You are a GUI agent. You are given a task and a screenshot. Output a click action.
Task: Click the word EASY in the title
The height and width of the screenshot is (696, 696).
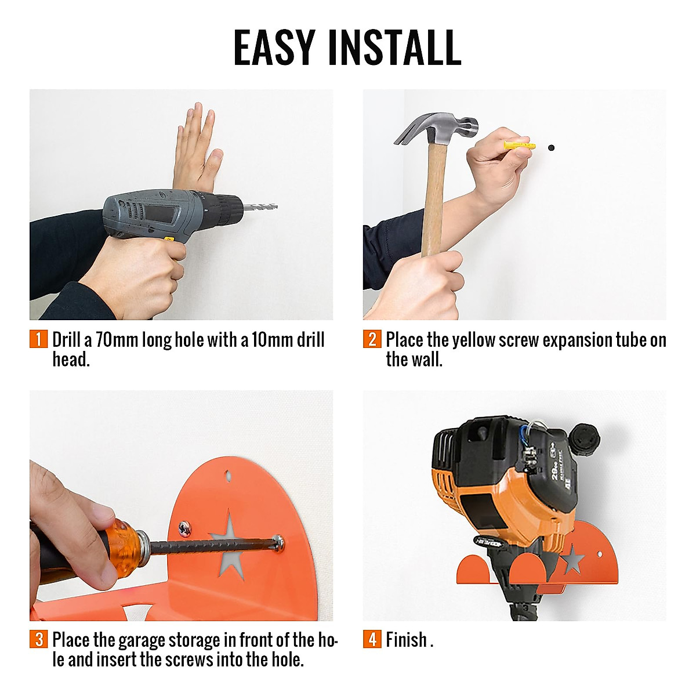(x=274, y=47)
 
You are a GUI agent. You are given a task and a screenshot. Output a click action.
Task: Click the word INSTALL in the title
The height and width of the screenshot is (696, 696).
(x=394, y=47)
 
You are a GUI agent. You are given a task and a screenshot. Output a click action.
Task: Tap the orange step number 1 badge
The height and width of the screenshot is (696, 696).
(x=38, y=339)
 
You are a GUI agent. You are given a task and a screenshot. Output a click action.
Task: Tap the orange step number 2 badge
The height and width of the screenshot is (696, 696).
(x=372, y=339)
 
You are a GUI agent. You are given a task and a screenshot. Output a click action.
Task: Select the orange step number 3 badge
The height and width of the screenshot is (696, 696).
(x=38, y=640)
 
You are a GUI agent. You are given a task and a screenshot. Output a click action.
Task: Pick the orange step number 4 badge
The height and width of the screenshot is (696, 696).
(x=372, y=640)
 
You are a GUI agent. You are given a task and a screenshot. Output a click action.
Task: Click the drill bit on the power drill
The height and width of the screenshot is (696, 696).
(x=260, y=207)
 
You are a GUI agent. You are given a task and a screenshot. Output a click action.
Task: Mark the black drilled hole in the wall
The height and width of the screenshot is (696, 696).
(x=550, y=148)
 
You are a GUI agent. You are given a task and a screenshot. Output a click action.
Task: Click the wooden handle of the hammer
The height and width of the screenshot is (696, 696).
(x=434, y=197)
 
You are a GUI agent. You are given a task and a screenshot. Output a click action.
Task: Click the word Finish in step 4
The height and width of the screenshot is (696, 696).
(x=406, y=640)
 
